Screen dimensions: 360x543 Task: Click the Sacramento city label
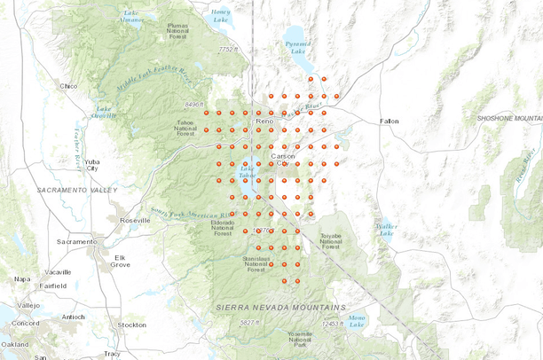point(75,241)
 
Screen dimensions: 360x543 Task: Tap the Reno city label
point(265,121)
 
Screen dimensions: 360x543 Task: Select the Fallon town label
point(390,121)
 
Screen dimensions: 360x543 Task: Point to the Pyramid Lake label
point(296,45)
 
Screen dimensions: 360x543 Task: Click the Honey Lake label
point(221,15)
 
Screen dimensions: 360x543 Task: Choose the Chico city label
point(68,86)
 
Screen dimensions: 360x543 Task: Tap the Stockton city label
point(130,325)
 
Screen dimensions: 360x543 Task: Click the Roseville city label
point(136,220)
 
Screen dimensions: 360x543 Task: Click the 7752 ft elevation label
point(229,50)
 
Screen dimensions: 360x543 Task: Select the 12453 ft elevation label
point(331,324)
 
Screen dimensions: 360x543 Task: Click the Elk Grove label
point(119,261)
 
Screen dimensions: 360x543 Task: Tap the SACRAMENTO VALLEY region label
point(77,191)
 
